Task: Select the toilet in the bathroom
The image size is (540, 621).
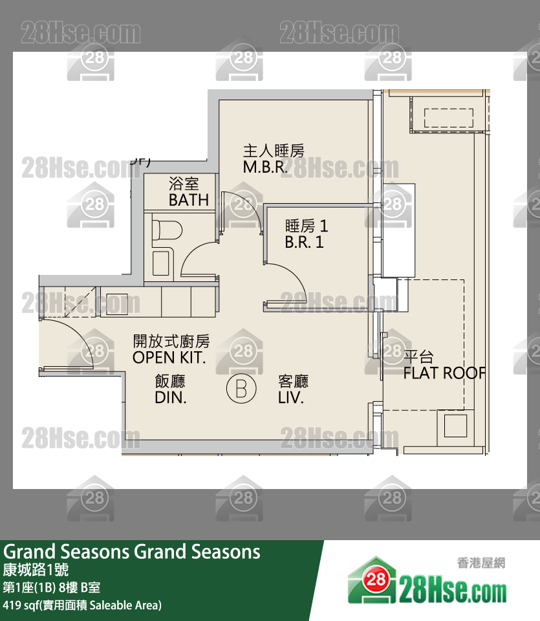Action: (x=166, y=229)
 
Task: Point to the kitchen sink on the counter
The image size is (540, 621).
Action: (x=119, y=303)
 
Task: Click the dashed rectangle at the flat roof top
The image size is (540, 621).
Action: (x=448, y=118)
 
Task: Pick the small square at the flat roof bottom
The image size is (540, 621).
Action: (x=455, y=426)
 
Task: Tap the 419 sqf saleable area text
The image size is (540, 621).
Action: (x=82, y=605)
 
